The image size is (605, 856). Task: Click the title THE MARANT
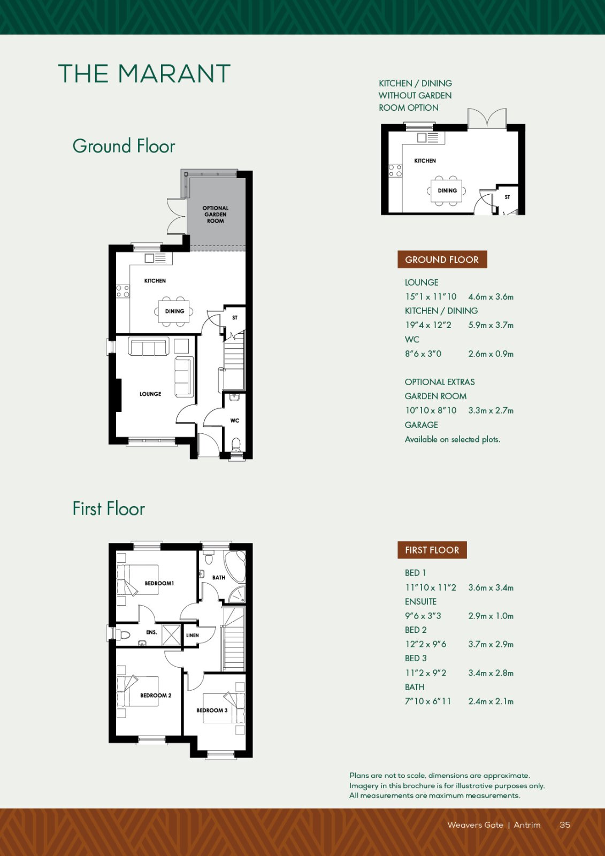(144, 74)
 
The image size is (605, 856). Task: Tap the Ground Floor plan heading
(124, 146)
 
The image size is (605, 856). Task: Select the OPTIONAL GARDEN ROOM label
(216, 215)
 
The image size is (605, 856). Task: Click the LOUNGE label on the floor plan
(150, 394)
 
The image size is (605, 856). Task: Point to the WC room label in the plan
(235, 421)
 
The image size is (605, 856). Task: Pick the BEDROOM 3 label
(212, 710)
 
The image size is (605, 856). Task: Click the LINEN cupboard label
(192, 636)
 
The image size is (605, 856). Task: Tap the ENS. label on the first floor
(152, 632)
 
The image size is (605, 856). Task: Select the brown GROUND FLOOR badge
(442, 260)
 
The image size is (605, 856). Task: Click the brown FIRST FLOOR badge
(432, 550)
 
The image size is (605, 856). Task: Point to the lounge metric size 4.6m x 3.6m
(491, 296)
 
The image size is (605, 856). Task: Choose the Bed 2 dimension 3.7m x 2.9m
(491, 644)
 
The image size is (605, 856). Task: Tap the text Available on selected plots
(453, 439)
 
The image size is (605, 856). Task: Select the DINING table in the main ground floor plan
(174, 311)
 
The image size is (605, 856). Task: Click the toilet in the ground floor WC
(236, 445)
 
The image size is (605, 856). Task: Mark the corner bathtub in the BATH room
(235, 565)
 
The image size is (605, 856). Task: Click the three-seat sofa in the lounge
(149, 346)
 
